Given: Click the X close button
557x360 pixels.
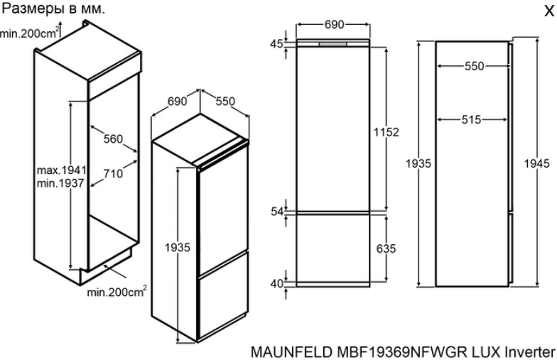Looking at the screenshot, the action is click(548, 11).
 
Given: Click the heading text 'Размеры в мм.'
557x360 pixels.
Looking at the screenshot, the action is click(54, 9).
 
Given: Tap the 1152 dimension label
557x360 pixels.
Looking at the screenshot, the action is click(386, 132).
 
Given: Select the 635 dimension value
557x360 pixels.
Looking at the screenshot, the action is click(386, 249).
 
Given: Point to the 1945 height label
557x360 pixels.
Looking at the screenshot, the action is click(537, 163).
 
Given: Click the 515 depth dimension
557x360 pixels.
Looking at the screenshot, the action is click(472, 119).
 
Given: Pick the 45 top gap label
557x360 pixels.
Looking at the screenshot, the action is click(277, 44).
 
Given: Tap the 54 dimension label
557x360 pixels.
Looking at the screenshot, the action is click(277, 212).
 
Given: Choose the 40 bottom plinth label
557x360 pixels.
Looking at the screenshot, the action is click(277, 284).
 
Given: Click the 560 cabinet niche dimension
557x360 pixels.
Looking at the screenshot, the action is click(113, 139).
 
